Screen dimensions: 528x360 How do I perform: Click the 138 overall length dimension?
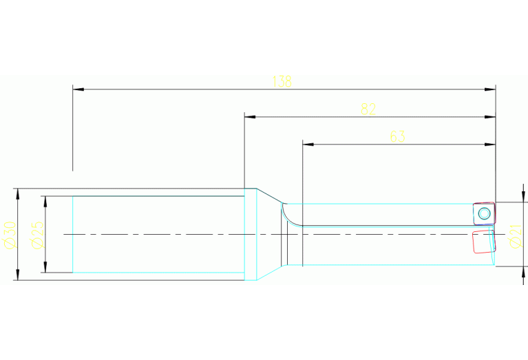(282, 81)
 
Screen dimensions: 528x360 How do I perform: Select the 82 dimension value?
(368, 109)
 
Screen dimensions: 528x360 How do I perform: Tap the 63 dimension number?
(397, 136)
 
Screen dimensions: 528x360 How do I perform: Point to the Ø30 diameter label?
(9, 235)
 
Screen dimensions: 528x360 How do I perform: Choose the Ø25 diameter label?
(37, 235)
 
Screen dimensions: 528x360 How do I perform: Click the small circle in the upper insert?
(484, 213)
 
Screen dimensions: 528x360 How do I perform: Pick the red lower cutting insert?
(484, 242)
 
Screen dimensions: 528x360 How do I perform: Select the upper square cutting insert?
(484, 213)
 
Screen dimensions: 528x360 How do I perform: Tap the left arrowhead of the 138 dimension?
(78, 89)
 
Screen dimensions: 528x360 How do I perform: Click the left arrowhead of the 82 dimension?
(250, 117)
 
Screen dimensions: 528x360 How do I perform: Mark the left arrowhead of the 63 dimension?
(308, 145)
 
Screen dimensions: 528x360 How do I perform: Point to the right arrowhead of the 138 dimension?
(490, 89)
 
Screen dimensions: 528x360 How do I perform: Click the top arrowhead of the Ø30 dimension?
(18, 194)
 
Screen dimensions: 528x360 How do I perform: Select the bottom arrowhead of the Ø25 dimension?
(45, 267)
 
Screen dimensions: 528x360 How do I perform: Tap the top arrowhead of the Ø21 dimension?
(523, 197)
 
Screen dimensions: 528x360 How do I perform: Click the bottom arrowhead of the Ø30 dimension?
(18, 275)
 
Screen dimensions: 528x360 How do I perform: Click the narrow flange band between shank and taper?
(251, 234)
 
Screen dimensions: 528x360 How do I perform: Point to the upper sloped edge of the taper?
(269, 195)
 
